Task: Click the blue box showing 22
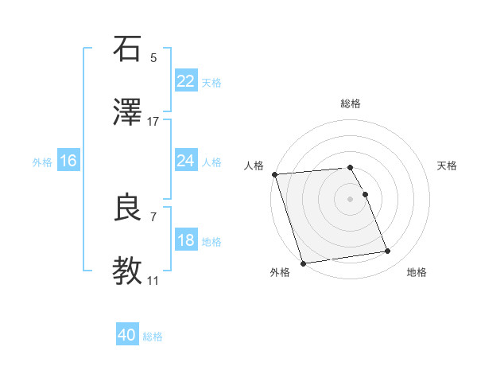pyautogui.click(x=185, y=81)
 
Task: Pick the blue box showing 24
pyautogui.click(x=185, y=161)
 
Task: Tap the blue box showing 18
pyautogui.click(x=185, y=240)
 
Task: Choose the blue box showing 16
pyautogui.click(x=68, y=161)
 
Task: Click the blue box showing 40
pyautogui.click(x=127, y=335)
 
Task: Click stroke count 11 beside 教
pyautogui.click(x=153, y=281)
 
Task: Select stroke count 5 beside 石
pyautogui.click(x=153, y=57)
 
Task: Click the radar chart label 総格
pyautogui.click(x=351, y=104)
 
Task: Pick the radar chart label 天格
pyautogui.click(x=448, y=166)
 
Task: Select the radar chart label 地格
pyautogui.click(x=417, y=272)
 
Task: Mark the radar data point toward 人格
pyautogui.click(x=274, y=174)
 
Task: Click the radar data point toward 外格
pyautogui.click(x=303, y=263)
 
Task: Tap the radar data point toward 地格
pyautogui.click(x=388, y=251)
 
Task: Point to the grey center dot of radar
pyautogui.click(x=351, y=199)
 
